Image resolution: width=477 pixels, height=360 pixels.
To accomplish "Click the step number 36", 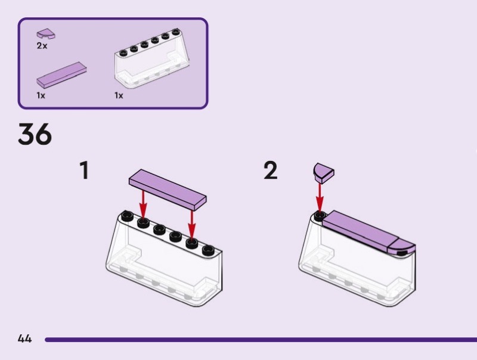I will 35,135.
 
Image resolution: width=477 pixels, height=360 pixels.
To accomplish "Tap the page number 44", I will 24,339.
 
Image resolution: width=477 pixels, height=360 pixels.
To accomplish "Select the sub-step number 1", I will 85,171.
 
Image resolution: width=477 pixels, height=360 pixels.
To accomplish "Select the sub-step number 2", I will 271,171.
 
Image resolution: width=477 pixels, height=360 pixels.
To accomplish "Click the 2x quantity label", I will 42,46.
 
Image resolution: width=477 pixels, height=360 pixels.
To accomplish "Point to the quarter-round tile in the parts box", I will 45,34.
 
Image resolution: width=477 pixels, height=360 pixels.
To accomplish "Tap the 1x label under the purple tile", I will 41,95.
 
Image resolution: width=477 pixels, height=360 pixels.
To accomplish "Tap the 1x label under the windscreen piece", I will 119,95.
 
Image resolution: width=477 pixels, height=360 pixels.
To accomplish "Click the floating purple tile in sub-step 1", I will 168,187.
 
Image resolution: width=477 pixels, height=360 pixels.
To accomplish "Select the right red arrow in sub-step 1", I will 192,224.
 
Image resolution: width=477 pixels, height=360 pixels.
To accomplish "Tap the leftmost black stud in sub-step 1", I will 127,216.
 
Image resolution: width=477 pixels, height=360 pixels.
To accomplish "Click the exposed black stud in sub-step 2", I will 320,215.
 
